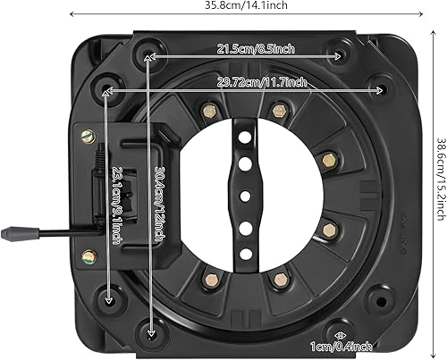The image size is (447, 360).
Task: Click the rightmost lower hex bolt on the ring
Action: [327, 228]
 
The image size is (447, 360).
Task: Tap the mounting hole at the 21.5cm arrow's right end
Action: [341, 55]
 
